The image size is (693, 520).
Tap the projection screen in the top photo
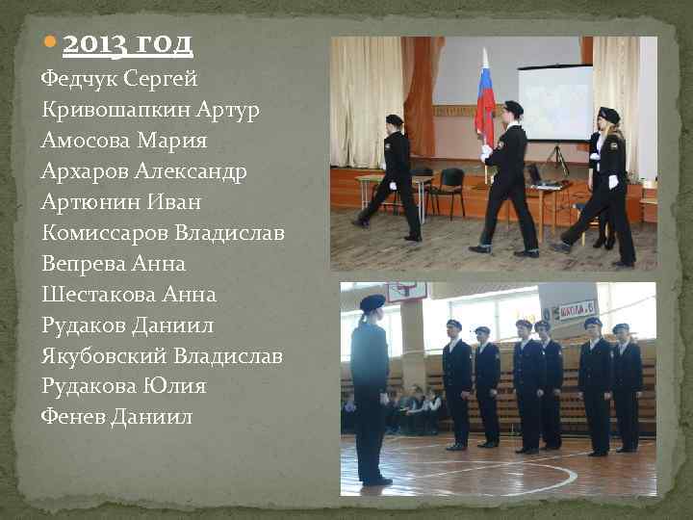(555, 101)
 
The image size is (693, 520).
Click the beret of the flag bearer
(513, 107)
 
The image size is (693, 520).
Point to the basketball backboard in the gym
(405, 292)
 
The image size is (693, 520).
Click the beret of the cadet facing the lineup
(372, 302)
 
